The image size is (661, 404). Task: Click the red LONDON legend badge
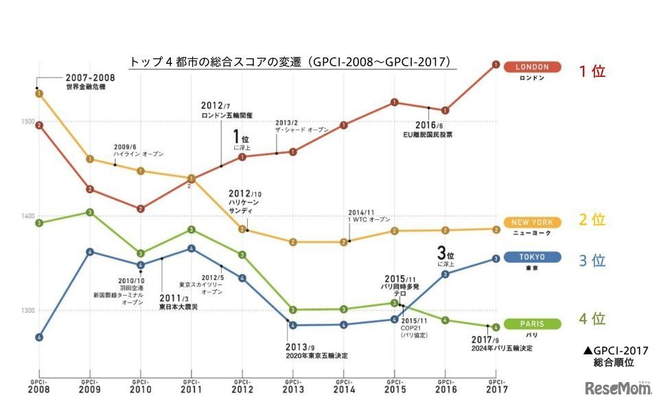pos(532,67)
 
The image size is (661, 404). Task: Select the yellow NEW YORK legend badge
pos(532,223)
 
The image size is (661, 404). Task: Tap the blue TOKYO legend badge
pos(532,257)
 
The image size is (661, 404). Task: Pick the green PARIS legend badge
pos(532,324)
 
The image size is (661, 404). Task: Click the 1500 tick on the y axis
pos(27,122)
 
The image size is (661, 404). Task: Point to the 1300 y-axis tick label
pos(27,311)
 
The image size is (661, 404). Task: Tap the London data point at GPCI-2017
pos(495,65)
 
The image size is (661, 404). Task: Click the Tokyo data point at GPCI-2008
pos(39,337)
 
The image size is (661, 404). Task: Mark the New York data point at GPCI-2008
pos(39,93)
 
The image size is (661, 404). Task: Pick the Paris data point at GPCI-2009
pos(90,212)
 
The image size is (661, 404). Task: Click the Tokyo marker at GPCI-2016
pos(445,273)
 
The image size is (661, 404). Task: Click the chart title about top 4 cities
pos(292,62)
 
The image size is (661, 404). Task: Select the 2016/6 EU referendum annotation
pos(427,129)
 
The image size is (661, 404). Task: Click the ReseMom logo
pos(617,390)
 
